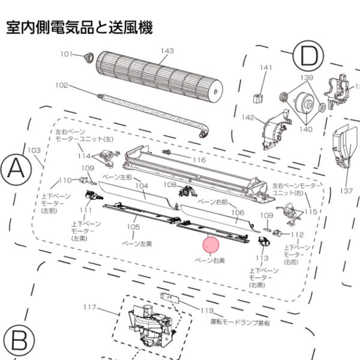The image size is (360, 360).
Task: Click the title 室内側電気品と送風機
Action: pos(79,27)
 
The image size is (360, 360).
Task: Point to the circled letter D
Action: pos(308,58)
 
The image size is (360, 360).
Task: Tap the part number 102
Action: pos(62,85)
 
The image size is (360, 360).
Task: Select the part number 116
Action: pos(199,160)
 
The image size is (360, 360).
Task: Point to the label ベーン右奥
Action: pos(211,262)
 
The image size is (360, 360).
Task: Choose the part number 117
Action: pos(90,307)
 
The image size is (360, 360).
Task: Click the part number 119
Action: pos(207,310)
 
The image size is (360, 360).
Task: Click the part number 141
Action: pos(266,68)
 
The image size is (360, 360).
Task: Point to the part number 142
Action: pos(248,117)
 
